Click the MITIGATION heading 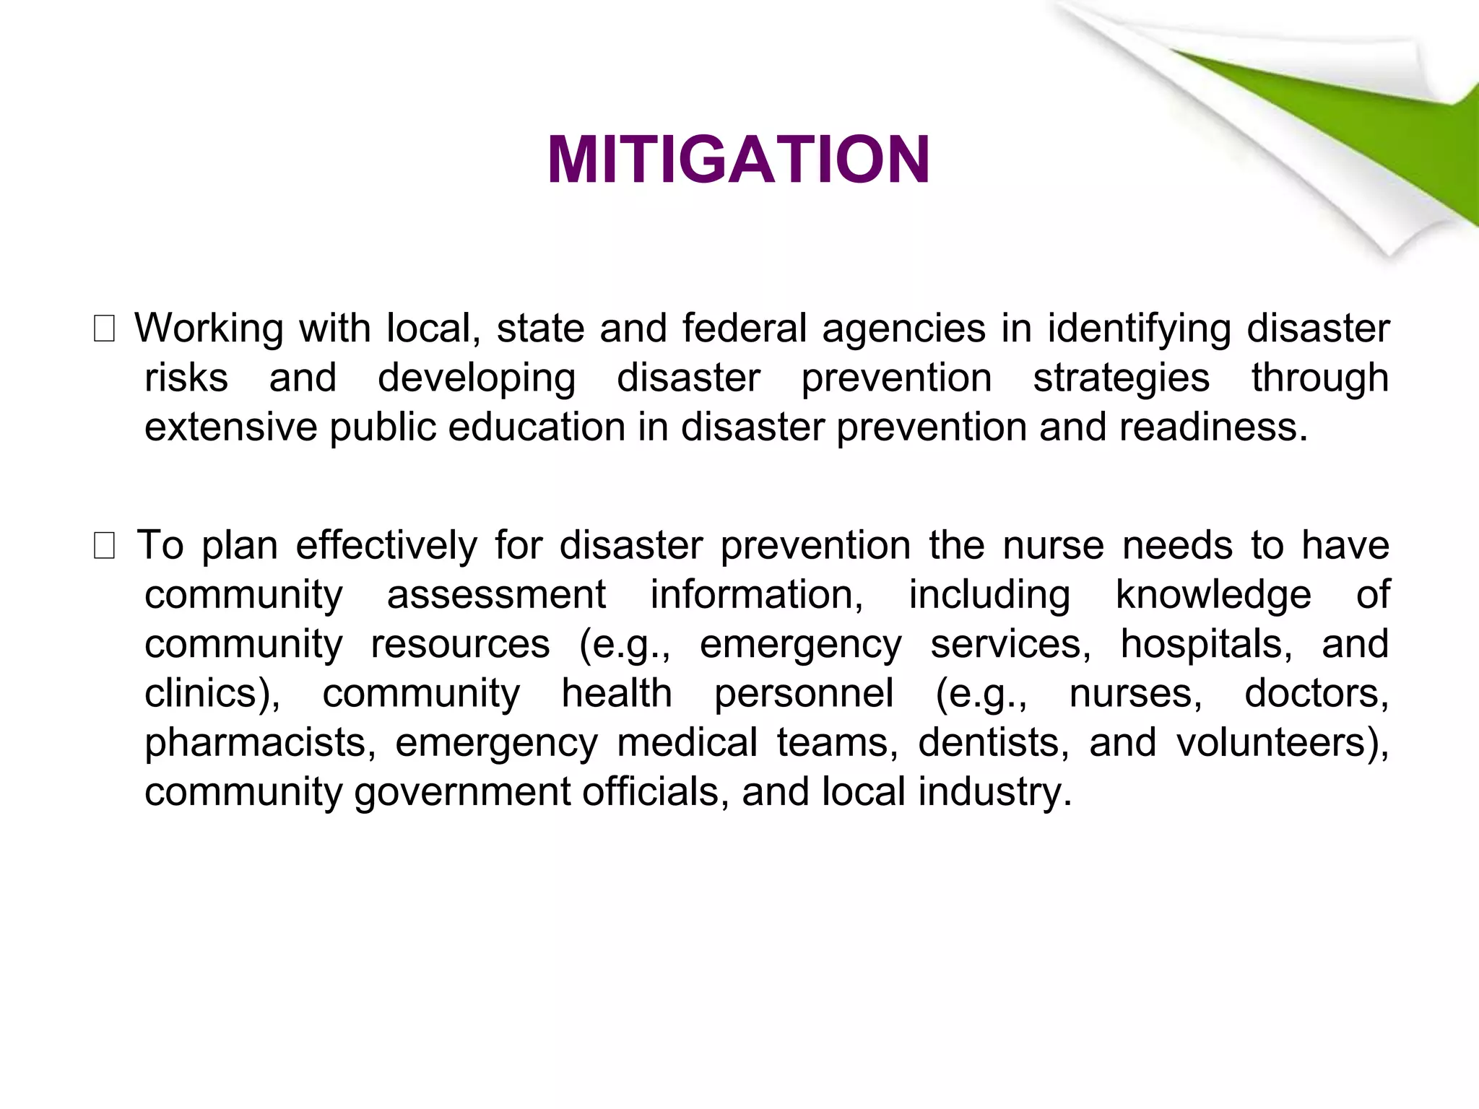point(738,160)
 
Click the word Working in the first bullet point(209,329)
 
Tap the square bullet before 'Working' point(104,331)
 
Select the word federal point(744,329)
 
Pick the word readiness point(1213,427)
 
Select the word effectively point(386,546)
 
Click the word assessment point(496,596)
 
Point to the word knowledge point(1213,596)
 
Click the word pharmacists point(259,743)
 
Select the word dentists point(994,743)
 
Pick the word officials point(655,792)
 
